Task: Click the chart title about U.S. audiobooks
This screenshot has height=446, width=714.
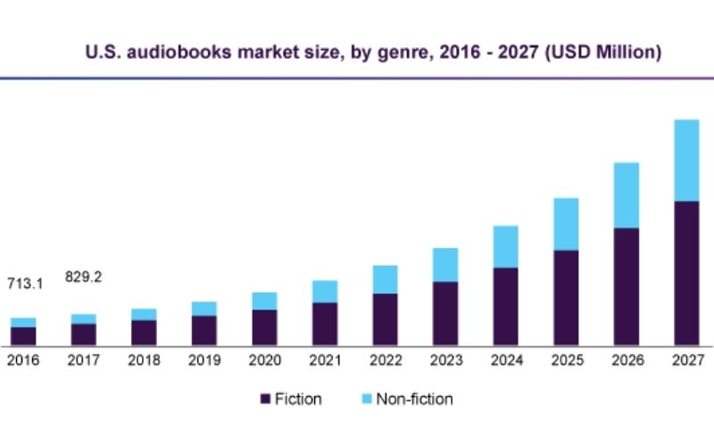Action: point(373,53)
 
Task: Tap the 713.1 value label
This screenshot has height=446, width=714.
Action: point(25,284)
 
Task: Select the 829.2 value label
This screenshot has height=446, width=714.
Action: point(83,277)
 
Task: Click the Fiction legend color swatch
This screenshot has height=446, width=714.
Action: point(265,399)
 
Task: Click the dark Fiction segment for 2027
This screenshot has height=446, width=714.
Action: point(685,273)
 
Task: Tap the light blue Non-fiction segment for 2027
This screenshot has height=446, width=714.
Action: point(685,161)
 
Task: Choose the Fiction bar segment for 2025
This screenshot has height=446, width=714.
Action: point(565,298)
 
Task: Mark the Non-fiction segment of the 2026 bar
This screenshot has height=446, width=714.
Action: point(626,195)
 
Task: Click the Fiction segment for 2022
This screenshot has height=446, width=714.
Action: point(385,319)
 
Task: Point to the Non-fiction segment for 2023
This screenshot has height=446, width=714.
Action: point(444,265)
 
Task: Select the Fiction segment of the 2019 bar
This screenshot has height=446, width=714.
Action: point(203,330)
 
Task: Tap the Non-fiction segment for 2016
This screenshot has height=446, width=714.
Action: point(23,322)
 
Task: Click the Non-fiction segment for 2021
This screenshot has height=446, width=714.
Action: point(324,292)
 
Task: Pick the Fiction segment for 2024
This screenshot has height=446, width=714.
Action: point(505,306)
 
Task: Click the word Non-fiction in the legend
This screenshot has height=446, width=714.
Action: point(414,399)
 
